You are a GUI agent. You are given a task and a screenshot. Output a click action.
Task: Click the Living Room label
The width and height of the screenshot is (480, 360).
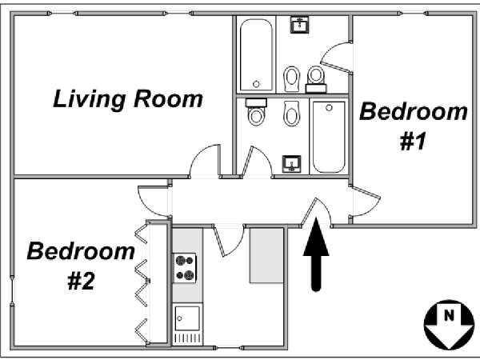[x=128, y=99]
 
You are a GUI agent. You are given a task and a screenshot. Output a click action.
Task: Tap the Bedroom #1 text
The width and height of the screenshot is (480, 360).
[x=414, y=126]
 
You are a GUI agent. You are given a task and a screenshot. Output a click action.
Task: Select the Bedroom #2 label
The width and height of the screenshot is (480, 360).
[x=81, y=266]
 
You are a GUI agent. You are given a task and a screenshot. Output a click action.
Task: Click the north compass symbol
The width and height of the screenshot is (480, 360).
[x=449, y=325]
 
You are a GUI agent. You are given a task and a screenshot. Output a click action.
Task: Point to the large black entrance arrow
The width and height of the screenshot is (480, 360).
[x=316, y=254]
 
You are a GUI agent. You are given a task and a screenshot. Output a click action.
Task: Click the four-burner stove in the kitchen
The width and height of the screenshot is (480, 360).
[x=185, y=268]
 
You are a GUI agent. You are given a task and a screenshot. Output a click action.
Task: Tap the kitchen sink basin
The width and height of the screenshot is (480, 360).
[x=187, y=318]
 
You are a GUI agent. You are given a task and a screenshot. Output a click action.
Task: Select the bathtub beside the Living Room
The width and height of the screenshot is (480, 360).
[x=256, y=54]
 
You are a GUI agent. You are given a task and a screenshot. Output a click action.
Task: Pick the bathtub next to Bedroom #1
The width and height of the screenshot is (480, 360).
[x=329, y=137]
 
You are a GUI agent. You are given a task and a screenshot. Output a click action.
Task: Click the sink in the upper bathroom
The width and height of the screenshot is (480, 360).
[x=300, y=25]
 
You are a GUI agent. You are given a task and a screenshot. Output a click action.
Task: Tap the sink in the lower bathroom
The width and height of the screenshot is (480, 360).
[x=292, y=165]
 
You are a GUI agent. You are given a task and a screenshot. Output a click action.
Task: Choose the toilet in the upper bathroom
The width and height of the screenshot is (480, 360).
[x=316, y=79]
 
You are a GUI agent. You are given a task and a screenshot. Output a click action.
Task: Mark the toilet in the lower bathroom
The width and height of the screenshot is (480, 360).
[x=256, y=112]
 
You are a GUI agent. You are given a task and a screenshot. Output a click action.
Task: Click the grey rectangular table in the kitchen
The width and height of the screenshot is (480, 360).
[x=266, y=255]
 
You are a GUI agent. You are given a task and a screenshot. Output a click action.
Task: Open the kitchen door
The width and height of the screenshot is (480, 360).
[x=229, y=239]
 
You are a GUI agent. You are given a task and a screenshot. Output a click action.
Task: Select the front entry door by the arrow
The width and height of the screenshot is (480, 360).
[x=316, y=213]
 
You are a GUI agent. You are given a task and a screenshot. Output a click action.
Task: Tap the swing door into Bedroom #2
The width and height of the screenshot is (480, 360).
[x=154, y=201]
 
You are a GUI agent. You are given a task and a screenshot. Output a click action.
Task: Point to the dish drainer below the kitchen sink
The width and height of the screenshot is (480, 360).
[x=188, y=338]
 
